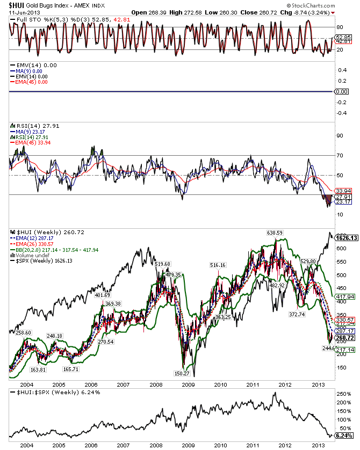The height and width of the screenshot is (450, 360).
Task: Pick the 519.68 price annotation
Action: [x=163, y=264]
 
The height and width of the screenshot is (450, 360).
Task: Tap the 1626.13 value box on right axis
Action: [x=347, y=237]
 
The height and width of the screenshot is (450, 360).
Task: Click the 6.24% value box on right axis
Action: [x=343, y=436]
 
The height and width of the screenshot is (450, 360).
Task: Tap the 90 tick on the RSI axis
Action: [x=340, y=136]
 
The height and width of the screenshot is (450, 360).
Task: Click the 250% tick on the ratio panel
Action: [x=342, y=394]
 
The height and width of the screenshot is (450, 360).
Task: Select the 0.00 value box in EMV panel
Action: [x=342, y=92]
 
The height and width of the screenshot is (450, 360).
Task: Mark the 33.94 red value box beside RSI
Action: [x=342, y=191]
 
